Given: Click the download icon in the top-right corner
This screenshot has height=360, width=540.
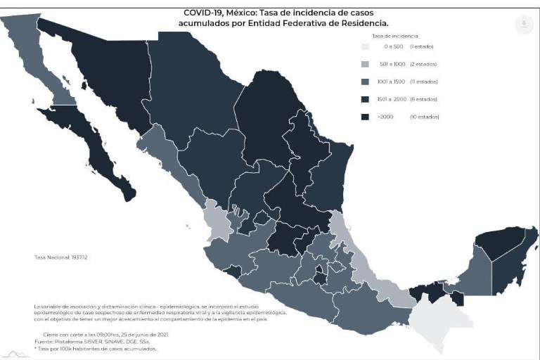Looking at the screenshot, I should (523, 25).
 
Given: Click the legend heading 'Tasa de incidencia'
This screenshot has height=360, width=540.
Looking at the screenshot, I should (394, 34).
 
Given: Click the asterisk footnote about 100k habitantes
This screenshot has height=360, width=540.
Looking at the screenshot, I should (96, 349).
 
